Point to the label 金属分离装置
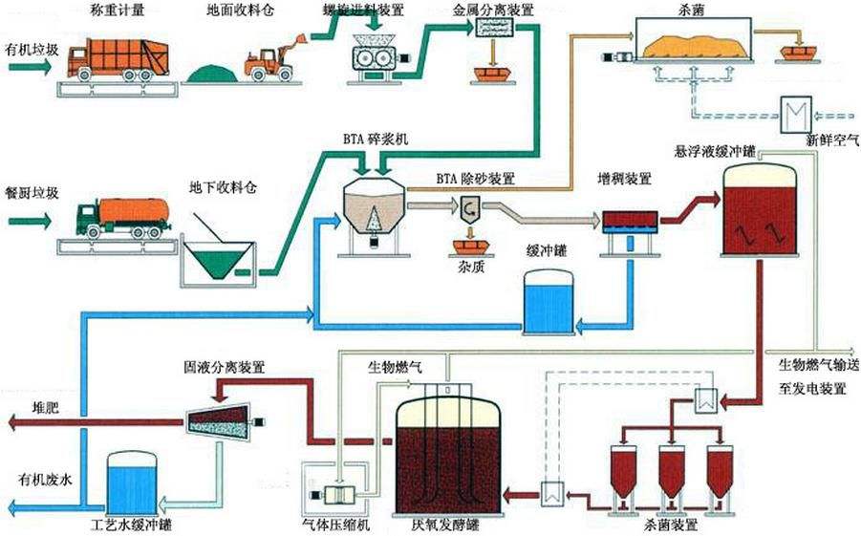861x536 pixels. tap(493, 11)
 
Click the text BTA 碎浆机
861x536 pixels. tap(377, 139)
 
